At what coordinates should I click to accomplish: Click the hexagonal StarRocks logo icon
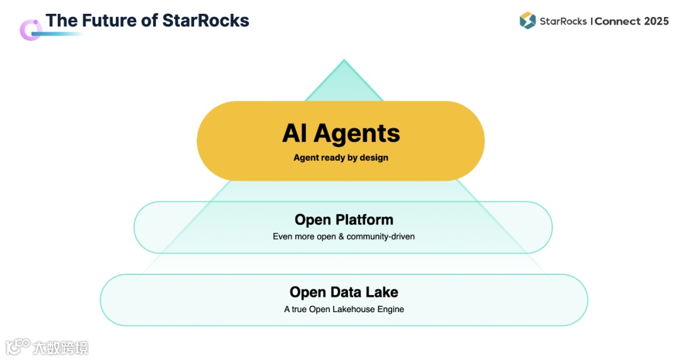pos(527,20)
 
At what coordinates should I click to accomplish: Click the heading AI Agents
pos(340,134)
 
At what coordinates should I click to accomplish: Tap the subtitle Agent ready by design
pos(340,158)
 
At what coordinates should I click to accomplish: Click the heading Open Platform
pos(344,219)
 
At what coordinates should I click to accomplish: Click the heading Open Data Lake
pos(344,292)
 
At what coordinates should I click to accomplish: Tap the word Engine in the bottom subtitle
pos(391,309)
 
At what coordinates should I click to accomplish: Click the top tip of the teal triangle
pos(344,61)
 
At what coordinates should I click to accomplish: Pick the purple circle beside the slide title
pos(29,30)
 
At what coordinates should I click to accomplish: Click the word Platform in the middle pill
pos(364,219)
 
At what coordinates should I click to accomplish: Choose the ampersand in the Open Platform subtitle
pos(341,236)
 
